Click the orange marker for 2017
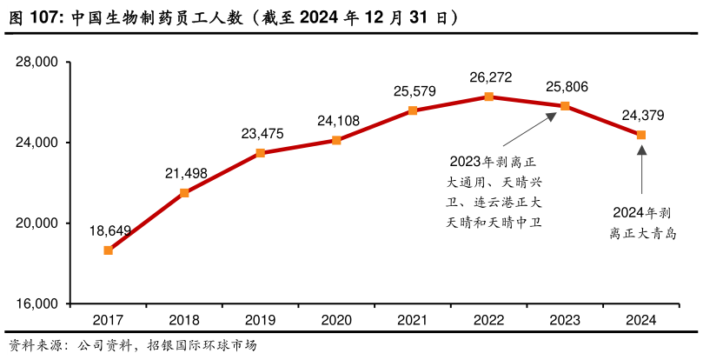click(x=108, y=250)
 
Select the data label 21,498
click(x=186, y=173)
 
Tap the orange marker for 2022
click(x=488, y=97)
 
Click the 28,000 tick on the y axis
click(x=36, y=63)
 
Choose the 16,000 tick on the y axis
click(x=36, y=304)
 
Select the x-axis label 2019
click(x=260, y=320)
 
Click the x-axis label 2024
click(x=640, y=320)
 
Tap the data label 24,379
click(x=642, y=115)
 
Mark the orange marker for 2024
click(x=641, y=135)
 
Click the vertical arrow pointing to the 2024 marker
click(x=641, y=170)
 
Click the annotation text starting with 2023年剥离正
click(x=494, y=192)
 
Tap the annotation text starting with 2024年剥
click(x=641, y=223)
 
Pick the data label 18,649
click(x=110, y=230)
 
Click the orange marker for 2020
click(x=336, y=140)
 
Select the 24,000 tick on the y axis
click(x=36, y=143)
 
